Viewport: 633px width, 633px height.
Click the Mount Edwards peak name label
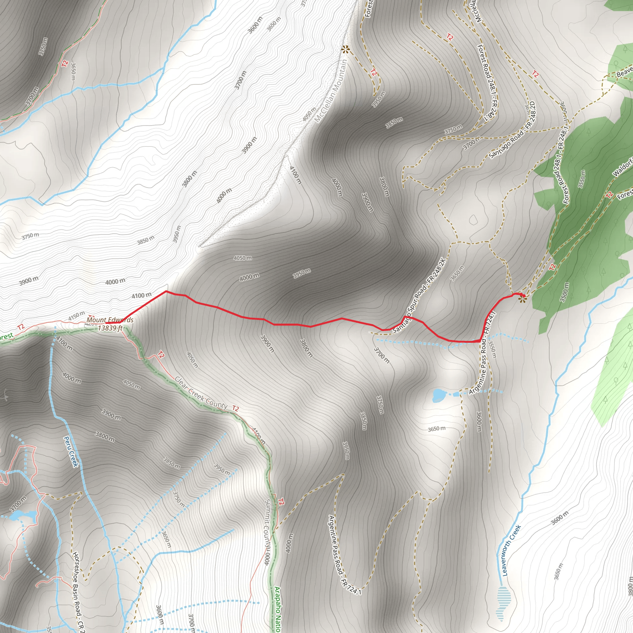[110, 320]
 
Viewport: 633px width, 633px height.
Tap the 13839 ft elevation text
[110, 328]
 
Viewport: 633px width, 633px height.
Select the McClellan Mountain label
[331, 91]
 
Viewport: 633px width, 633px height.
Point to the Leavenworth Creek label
[511, 551]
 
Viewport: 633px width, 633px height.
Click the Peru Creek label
[71, 451]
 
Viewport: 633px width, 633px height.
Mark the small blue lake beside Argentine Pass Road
[438, 395]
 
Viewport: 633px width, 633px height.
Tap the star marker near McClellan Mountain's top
[345, 50]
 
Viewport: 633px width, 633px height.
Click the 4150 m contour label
[76, 316]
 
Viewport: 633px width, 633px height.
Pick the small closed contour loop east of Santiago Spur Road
[473, 219]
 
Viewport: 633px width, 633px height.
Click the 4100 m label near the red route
[142, 295]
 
